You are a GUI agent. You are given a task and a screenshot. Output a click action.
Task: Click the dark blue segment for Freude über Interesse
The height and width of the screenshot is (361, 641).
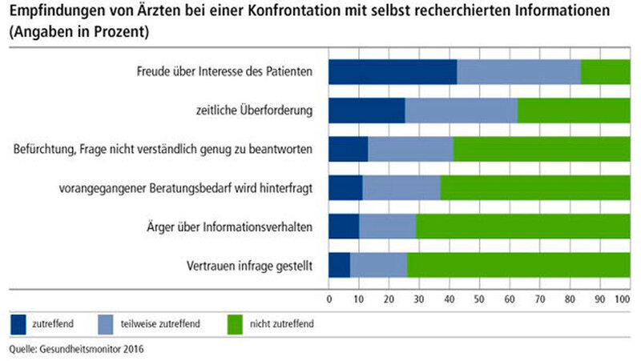pos(393,72)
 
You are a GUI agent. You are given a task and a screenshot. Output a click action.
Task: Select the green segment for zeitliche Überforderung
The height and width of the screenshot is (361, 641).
pos(574,110)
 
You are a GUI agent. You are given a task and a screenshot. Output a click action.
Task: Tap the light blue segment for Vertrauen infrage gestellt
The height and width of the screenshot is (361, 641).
pos(378,264)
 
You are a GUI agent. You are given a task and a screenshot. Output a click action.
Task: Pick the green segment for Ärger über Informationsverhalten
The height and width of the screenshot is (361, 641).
pos(522,226)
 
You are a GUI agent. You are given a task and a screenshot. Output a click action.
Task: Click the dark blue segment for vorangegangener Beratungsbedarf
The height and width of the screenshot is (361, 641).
pos(345,187)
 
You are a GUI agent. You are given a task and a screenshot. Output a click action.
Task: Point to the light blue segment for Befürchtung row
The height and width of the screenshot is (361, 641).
pos(410,149)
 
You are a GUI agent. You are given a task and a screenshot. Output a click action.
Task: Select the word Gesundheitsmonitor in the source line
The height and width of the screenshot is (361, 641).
pos(81,349)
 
